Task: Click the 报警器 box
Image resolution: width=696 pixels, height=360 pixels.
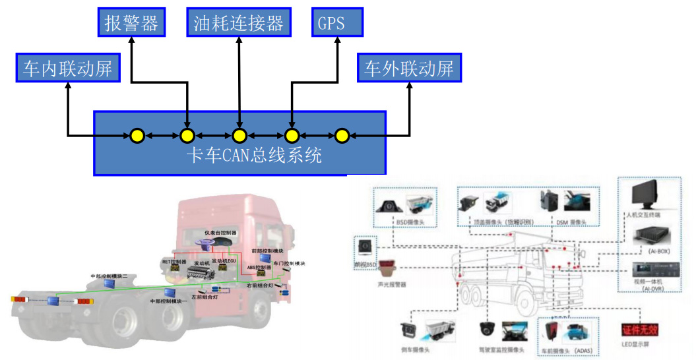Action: point(132,24)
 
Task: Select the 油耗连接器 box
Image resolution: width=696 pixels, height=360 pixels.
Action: point(238,24)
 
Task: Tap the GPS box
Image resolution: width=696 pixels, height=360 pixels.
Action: point(337,24)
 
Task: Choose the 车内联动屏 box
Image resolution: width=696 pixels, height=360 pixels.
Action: point(68,68)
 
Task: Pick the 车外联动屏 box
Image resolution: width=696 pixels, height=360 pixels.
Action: point(409,68)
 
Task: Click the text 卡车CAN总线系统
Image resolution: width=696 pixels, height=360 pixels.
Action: point(254,156)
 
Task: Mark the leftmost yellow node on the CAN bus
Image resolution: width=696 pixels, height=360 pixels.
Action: point(137,136)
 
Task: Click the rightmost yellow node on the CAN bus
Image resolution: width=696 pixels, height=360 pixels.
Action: point(341,136)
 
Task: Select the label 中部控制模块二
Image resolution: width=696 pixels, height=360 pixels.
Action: point(109,276)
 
